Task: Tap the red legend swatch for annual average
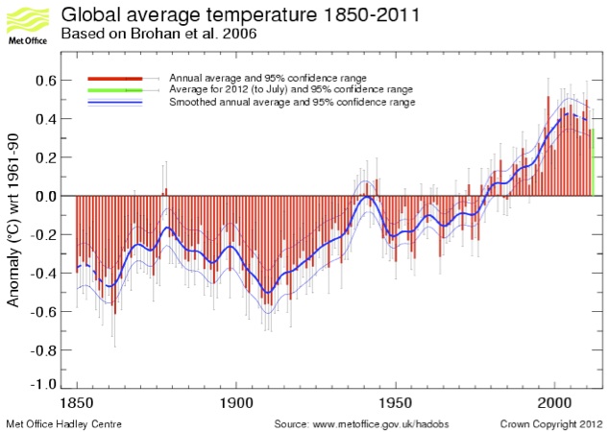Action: click(x=115, y=77)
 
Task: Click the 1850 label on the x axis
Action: click(x=75, y=401)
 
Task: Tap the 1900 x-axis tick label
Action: click(x=235, y=401)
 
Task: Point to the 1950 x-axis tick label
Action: click(x=396, y=401)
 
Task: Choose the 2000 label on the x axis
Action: click(x=555, y=401)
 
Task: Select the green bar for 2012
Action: click(x=593, y=162)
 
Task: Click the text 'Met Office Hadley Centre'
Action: click(x=64, y=423)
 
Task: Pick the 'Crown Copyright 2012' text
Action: click(x=551, y=423)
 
